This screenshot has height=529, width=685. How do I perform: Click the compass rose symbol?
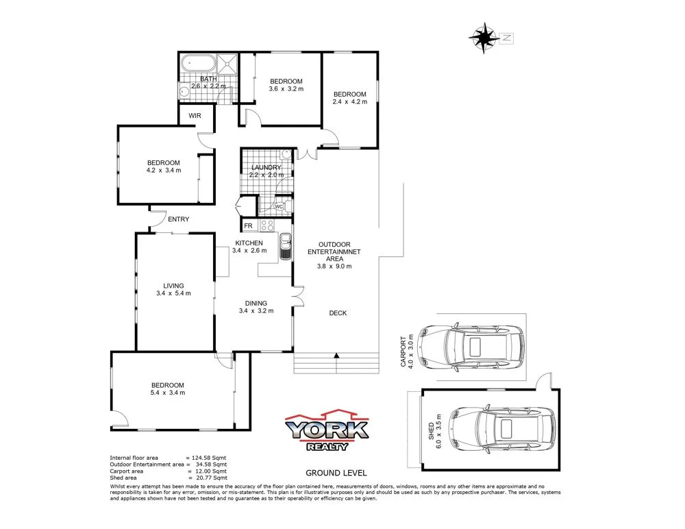[485, 37]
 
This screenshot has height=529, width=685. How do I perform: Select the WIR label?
[195, 116]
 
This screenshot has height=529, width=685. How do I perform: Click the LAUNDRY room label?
[266, 168]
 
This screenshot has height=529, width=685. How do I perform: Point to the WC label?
[279, 206]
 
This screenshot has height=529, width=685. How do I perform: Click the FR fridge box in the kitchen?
[248, 225]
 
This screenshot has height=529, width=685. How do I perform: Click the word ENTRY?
[178, 219]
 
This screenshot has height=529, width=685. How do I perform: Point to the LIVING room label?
[173, 286]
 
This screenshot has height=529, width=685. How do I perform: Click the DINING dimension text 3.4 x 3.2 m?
[256, 310]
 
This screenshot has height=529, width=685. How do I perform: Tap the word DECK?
[338, 313]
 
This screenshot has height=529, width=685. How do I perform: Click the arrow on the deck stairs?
[336, 356]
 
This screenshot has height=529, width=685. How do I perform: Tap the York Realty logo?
[327, 431]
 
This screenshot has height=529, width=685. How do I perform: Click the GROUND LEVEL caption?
[336, 473]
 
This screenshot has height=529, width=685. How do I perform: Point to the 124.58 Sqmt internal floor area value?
[210, 457]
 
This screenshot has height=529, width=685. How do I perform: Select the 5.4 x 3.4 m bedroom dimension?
[168, 393]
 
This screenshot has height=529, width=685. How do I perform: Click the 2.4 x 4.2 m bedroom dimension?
[350, 102]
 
